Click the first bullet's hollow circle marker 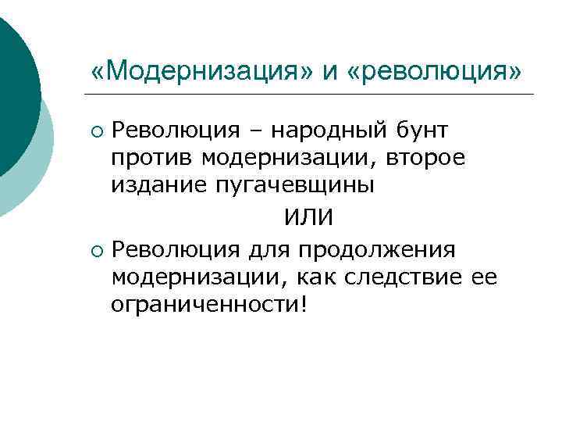pyautogui.click(x=96, y=131)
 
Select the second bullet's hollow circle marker pyautogui.click(x=96, y=251)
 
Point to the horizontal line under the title pyautogui.click(x=312, y=95)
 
